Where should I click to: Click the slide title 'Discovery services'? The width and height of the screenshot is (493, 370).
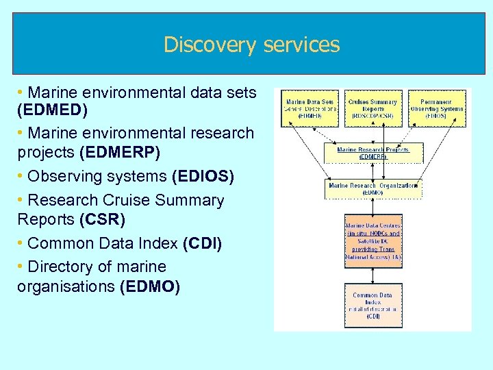pos(251,45)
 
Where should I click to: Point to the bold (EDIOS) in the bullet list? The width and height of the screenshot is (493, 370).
pos(203,176)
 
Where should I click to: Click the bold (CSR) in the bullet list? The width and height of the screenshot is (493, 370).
pos(102,220)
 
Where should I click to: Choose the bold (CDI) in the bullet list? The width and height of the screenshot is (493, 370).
pos(202,243)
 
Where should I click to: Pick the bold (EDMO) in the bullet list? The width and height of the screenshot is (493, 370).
pos(149,286)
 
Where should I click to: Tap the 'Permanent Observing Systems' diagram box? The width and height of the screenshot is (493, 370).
pos(436,108)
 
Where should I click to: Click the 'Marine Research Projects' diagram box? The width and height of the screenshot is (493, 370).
pos(372,153)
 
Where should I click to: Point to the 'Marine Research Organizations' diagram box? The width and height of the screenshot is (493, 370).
pos(372,188)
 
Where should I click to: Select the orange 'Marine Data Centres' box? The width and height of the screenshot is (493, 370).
pos(372,241)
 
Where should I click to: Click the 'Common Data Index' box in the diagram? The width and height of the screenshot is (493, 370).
pos(372,305)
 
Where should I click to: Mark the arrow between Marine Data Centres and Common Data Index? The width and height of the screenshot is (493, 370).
pos(372,275)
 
